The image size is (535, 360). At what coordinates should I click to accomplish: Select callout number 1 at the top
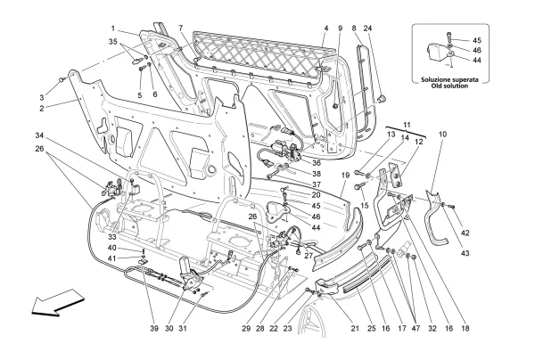coord(114,29)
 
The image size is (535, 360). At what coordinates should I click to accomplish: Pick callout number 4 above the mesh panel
coord(326,29)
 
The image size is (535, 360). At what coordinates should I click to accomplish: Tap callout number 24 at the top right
coord(368,29)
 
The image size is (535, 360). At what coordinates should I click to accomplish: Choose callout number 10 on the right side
coord(442,134)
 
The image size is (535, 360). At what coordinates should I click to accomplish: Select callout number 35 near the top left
coord(113,41)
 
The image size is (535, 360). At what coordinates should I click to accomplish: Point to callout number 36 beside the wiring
coord(317,162)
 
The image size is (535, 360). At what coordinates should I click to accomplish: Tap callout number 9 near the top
coord(340,29)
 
